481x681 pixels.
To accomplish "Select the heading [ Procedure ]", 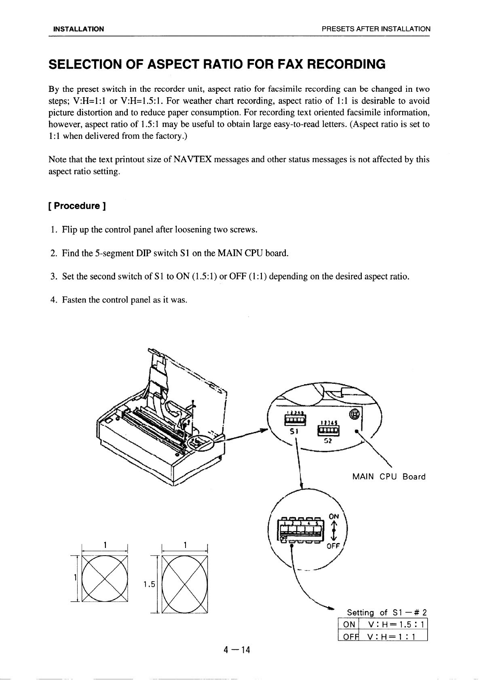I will point(77,206).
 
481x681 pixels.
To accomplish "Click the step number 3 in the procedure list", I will point(53,277).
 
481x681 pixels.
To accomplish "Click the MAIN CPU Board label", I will point(389,477).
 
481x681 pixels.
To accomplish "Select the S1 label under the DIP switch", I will point(294,431).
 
